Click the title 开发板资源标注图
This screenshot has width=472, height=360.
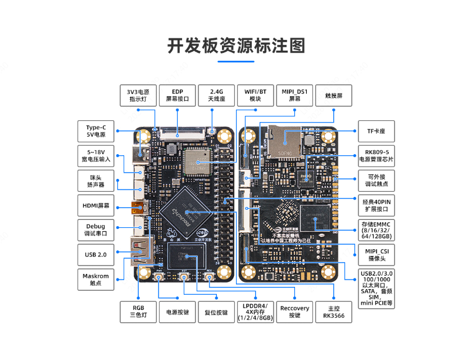pyautogui.click(x=236, y=46)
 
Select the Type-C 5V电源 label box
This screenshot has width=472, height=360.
pyautogui.click(x=96, y=131)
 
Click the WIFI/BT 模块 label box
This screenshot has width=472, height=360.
pyautogui.click(x=256, y=95)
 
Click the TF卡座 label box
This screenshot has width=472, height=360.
pyautogui.click(x=376, y=131)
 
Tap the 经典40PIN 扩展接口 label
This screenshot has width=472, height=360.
pyautogui.click(x=376, y=205)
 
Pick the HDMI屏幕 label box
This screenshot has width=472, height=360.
pyautogui.click(x=96, y=205)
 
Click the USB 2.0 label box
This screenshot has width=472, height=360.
pyautogui.click(x=96, y=254)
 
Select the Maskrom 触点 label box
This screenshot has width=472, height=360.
pyautogui.click(x=96, y=280)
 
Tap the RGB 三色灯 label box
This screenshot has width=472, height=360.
pyautogui.click(x=139, y=312)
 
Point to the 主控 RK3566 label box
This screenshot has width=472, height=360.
pyautogui.click(x=334, y=312)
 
